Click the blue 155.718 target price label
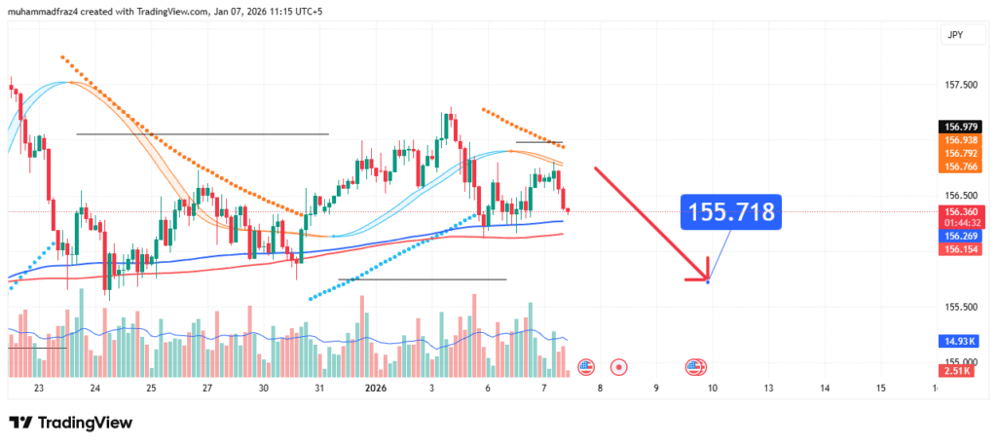click(731, 211)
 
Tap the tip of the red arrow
click(707, 280)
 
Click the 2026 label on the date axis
click(376, 388)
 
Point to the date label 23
click(39, 388)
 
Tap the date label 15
click(880, 388)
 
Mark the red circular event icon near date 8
click(618, 367)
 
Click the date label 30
click(263, 388)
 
